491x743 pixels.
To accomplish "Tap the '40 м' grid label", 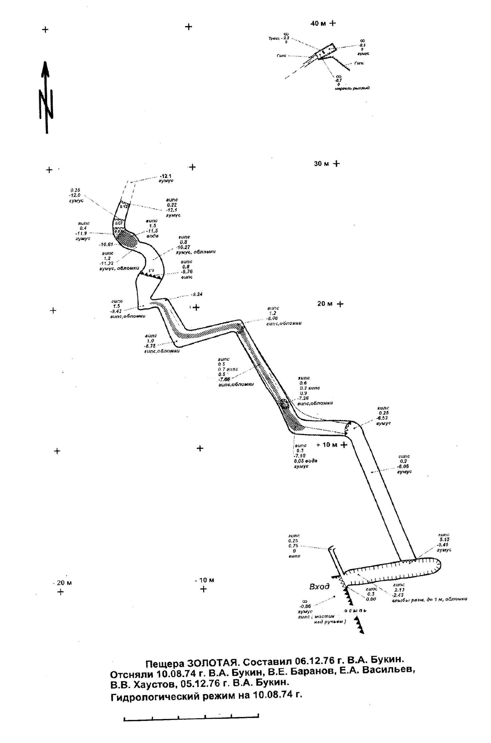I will (319, 23).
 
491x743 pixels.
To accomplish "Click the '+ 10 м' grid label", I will (329, 445).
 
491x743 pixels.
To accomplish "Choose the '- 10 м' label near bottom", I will (204, 580).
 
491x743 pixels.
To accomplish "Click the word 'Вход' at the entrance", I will (319, 586).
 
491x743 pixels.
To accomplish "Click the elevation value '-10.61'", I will (106, 244).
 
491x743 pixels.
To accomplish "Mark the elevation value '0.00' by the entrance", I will (371, 599).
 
